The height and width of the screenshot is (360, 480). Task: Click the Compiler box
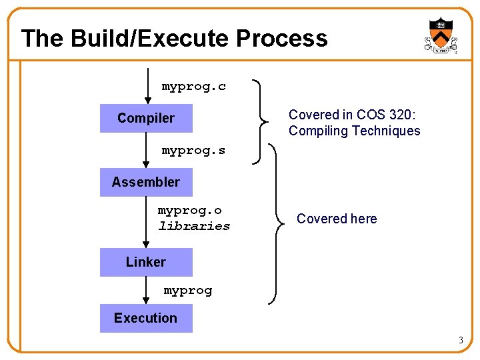point(146,119)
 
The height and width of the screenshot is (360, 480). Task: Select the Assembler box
point(146,182)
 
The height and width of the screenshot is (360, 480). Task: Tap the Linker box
point(146,262)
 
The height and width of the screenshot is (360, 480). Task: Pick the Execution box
point(146,318)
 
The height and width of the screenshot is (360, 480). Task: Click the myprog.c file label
point(194,87)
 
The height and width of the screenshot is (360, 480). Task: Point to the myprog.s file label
point(193,151)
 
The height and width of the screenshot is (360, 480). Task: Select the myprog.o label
point(190,211)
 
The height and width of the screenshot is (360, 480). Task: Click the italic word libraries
point(194,226)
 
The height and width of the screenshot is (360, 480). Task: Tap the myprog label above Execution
point(188,291)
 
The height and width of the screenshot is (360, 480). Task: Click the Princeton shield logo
point(441,35)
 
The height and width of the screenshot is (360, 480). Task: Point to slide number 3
point(460,341)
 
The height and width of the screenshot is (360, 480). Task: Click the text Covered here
point(337,219)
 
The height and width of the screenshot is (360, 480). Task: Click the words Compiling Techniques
point(354,131)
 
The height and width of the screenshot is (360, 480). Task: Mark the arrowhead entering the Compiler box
point(146,100)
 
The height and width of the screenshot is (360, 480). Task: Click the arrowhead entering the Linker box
point(146,245)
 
